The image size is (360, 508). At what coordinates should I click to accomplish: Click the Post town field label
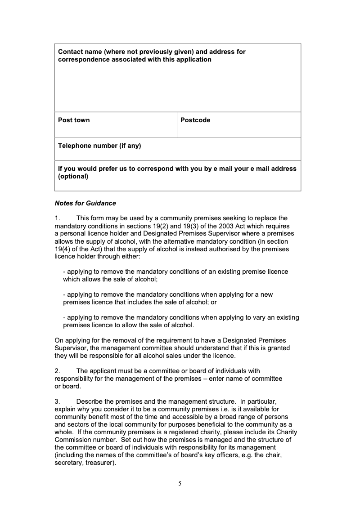(x=74, y=120)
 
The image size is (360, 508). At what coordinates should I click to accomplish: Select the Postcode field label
(x=195, y=120)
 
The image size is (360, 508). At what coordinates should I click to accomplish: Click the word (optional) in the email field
(x=73, y=176)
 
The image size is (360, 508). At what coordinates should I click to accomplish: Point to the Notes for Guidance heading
(x=85, y=203)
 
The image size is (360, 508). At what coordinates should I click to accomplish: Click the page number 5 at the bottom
(x=180, y=484)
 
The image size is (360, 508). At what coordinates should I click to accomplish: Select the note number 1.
(x=57, y=218)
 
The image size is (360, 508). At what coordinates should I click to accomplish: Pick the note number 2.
(x=57, y=371)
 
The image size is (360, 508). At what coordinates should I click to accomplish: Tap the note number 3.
(x=57, y=401)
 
